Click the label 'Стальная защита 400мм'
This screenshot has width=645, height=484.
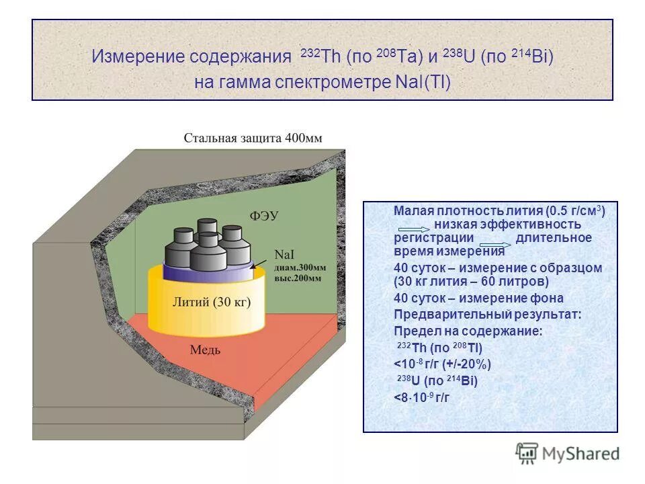point(253,138)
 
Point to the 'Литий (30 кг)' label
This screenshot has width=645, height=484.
point(212,302)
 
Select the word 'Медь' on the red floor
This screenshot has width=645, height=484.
point(206,350)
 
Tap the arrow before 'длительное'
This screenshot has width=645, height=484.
point(496,244)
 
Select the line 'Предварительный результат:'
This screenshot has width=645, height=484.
point(487,315)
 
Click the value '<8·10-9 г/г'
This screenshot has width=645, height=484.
point(421,397)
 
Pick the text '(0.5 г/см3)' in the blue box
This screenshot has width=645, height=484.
point(575,210)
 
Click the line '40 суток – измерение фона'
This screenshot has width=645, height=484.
point(478,298)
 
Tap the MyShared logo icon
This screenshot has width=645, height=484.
point(527,452)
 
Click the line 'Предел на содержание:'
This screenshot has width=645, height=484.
point(468,331)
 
